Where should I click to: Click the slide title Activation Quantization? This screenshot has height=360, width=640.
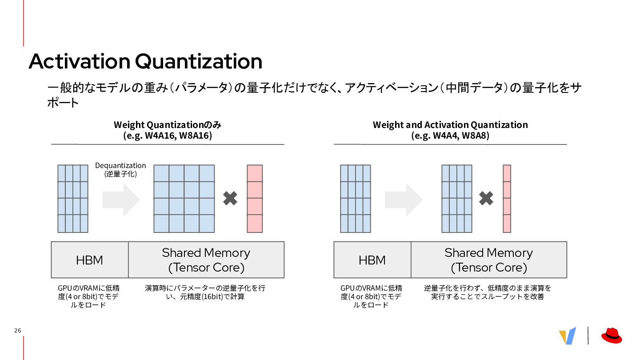coord(145,61)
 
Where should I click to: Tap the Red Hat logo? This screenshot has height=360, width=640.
coord(612,336)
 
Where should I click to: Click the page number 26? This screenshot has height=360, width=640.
coord(18,331)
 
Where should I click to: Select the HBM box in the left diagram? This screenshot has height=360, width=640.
coord(90,260)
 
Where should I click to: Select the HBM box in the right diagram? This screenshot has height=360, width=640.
coord(372,260)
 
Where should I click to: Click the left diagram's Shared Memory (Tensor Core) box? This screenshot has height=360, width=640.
coord(206,260)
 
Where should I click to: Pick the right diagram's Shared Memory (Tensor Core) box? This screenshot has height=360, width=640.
coord(489,260)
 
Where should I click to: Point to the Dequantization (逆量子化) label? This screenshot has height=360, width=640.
coord(120,169)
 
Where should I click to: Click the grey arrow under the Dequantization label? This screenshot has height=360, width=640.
coord(121,200)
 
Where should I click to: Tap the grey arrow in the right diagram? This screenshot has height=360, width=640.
coord(404,200)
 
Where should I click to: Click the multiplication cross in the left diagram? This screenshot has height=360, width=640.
coord(230,198)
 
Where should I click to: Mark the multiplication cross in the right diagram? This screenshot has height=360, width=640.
coord(486,198)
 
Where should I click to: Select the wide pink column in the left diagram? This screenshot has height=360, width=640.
coord(255,199)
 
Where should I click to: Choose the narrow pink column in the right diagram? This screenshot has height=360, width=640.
coord(507,199)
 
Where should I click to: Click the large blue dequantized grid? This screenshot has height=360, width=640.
coord(184,199)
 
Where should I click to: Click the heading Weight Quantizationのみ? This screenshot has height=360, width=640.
coord(168,124)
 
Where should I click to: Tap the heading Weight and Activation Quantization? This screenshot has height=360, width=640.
coord(450,124)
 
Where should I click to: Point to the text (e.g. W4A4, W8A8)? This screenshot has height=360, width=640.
coord(450,136)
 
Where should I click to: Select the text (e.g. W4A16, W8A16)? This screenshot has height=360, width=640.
coord(168,136)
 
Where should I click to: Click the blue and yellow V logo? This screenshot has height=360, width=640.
coord(568,336)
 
